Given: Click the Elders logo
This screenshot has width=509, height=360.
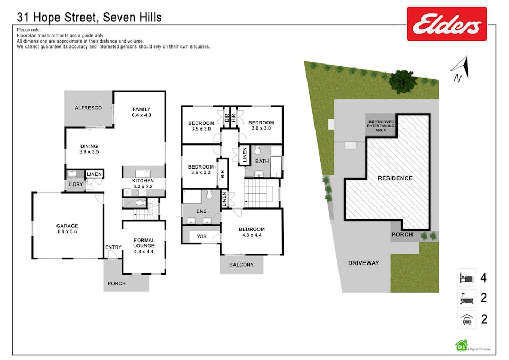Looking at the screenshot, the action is click(x=447, y=24).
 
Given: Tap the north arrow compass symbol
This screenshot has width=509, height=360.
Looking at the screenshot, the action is click(x=460, y=69).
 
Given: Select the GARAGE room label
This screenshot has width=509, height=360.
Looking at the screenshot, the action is click(x=67, y=228).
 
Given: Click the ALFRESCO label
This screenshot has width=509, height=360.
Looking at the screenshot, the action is click(x=88, y=108).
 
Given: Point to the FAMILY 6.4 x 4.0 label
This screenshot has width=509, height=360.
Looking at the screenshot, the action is click(x=142, y=112).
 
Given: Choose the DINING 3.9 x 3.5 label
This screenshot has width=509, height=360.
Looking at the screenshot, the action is click(x=89, y=149).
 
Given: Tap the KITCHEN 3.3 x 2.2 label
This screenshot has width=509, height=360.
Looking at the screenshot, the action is click(x=143, y=183).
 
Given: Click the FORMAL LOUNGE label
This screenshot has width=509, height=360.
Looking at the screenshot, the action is click(x=144, y=246).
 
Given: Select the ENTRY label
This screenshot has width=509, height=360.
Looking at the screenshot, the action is click(x=114, y=247).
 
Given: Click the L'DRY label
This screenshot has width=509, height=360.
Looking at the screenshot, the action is click(x=76, y=184).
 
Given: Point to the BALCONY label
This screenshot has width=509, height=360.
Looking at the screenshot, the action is click(x=241, y=265).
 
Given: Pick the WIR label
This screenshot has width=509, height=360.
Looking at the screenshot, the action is click(x=201, y=236).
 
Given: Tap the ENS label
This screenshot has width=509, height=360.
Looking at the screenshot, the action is click(x=201, y=211).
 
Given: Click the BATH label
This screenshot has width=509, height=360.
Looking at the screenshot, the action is click(x=262, y=161).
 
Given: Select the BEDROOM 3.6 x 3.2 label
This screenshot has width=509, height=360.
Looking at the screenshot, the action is click(x=201, y=169).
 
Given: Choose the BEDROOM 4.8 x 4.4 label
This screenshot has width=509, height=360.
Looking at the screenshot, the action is click(x=252, y=232).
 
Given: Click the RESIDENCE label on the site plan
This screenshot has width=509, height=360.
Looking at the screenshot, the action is click(x=395, y=178).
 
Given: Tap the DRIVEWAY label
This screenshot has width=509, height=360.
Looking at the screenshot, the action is click(x=363, y=263).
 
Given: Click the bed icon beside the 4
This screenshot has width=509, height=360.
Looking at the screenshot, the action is click(x=467, y=278).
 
